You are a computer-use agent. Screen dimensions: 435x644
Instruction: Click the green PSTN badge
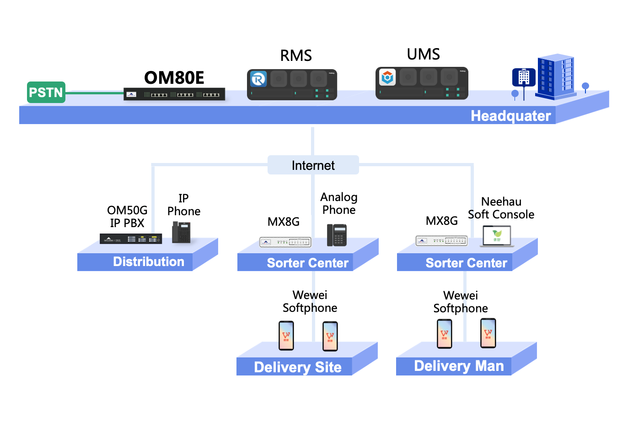pyautogui.click(x=46, y=92)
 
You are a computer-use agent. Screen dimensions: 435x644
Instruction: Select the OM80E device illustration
pyautogui.click(x=174, y=94)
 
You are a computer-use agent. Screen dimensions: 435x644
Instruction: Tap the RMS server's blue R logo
pyautogui.click(x=258, y=79)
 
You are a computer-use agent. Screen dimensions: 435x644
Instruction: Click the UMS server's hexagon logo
pyautogui.click(x=387, y=77)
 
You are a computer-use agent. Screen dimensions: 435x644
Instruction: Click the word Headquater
pyautogui.click(x=510, y=116)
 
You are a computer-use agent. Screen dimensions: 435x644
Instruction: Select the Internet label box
pyautogui.click(x=313, y=165)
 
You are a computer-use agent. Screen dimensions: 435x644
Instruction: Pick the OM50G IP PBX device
pyautogui.click(x=131, y=239)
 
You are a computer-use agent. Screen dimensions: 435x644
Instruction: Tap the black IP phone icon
pyautogui.click(x=181, y=232)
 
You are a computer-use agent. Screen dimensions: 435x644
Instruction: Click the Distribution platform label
pyautogui.click(x=149, y=261)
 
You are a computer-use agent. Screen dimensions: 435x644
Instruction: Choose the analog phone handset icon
pyautogui.click(x=337, y=235)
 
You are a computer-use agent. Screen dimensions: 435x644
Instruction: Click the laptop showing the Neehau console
pyautogui.click(x=497, y=236)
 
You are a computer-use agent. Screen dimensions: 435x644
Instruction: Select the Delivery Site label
pyautogui.click(x=298, y=367)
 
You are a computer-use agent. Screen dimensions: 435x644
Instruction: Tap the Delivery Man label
pyautogui.click(x=459, y=366)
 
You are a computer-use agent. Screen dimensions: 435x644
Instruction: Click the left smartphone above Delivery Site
pyautogui.click(x=286, y=336)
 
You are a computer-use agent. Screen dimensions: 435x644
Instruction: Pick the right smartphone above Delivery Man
pyautogui.click(x=488, y=333)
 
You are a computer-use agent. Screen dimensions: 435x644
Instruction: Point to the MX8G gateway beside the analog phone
pyautogui.click(x=285, y=242)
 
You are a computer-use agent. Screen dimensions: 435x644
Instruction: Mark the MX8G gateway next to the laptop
pyautogui.click(x=442, y=240)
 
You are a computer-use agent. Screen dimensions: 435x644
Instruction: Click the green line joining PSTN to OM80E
pyautogui.click(x=94, y=93)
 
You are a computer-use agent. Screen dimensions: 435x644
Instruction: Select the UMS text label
pyautogui.click(x=424, y=54)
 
